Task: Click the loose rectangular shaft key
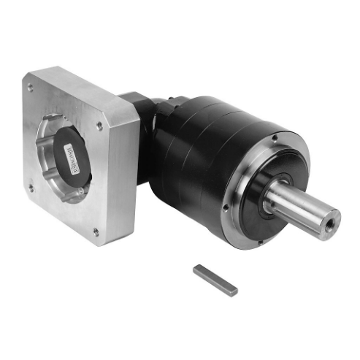[x=216, y=280]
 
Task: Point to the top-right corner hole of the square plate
[x=99, y=126]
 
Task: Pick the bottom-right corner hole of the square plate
[x=96, y=231]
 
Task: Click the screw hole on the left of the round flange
[x=226, y=207]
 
